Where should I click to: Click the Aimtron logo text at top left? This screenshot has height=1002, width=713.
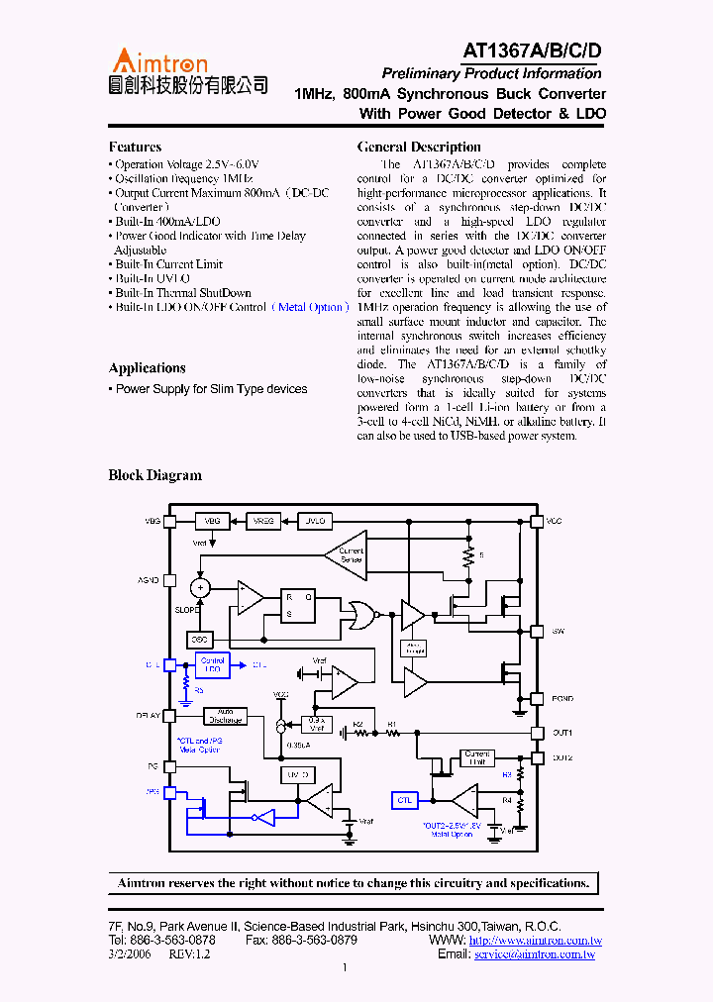pos(158,61)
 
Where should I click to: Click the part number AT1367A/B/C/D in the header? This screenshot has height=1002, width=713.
pos(532,52)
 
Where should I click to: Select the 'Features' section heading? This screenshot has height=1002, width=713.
pos(135,147)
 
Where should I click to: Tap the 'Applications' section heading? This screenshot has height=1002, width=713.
pos(147,367)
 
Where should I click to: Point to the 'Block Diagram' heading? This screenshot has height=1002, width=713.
pos(154,475)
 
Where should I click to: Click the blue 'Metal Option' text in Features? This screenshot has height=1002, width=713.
pos(310,307)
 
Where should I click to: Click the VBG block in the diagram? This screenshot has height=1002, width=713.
pos(213,520)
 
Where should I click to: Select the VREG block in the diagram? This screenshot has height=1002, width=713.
pos(264,520)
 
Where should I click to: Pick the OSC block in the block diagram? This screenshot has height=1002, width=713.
pos(200,640)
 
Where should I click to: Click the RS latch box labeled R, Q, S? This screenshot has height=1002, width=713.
pos(298,604)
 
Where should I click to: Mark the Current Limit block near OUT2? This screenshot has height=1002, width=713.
pos(477,758)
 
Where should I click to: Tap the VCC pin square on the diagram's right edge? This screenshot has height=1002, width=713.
pos(537,520)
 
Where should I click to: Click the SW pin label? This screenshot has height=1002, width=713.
pos(558,630)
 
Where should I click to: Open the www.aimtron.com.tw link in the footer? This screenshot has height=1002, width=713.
pos(535,940)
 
